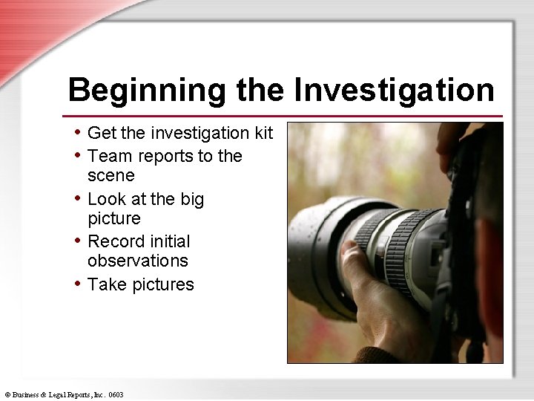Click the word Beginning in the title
(146, 91)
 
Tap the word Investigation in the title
(394, 91)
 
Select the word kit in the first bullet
(264, 133)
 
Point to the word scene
(111, 175)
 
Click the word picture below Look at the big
(113, 218)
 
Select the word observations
(137, 261)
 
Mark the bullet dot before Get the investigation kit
(78, 132)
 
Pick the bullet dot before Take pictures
(78, 284)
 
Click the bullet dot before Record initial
(78, 241)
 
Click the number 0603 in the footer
(116, 394)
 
